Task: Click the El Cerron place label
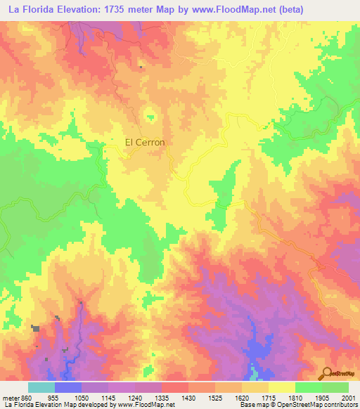[145, 142]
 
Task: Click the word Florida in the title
[42, 10]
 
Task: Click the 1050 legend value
[81, 397]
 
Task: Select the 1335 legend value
[161, 397]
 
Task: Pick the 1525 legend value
[214, 397]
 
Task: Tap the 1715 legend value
[268, 397]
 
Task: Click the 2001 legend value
[348, 397]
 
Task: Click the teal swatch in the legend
[41, 387]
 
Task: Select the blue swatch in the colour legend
[67, 387]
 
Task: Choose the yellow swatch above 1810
[281, 387]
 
